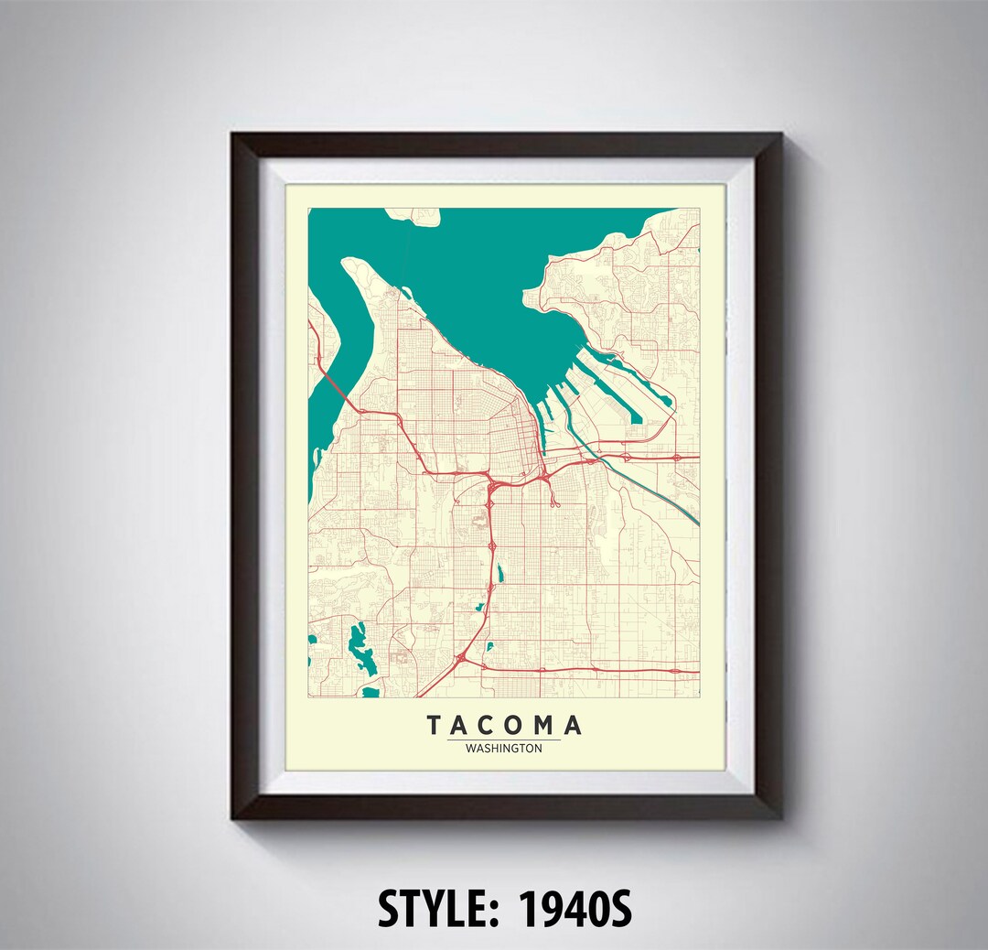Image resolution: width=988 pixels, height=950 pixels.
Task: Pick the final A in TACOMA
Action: [572, 726]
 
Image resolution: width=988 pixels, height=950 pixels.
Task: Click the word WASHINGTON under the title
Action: [503, 748]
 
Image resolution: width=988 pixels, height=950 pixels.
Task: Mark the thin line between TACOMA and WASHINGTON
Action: [504, 739]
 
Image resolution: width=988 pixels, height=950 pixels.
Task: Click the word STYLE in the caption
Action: [438, 909]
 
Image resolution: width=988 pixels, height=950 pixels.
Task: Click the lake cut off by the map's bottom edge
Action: [370, 693]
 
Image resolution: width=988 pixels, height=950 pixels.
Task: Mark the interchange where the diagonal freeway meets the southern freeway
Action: [464, 654]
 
